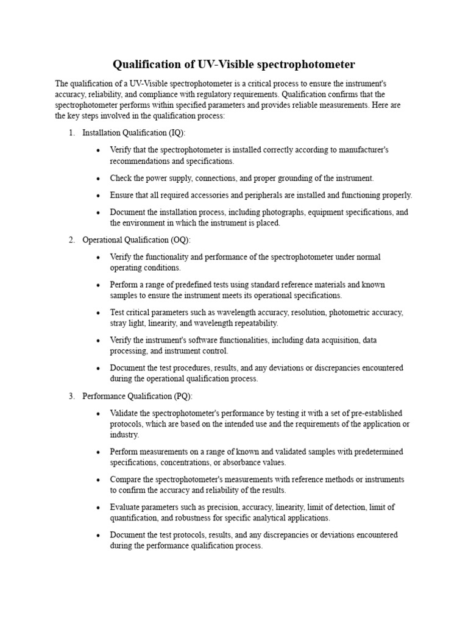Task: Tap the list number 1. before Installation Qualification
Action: (x=71, y=133)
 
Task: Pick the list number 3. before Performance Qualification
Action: (x=71, y=396)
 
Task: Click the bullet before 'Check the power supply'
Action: (x=98, y=179)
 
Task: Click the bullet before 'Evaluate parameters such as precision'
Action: (x=98, y=508)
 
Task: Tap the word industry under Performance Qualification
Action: (x=124, y=435)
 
